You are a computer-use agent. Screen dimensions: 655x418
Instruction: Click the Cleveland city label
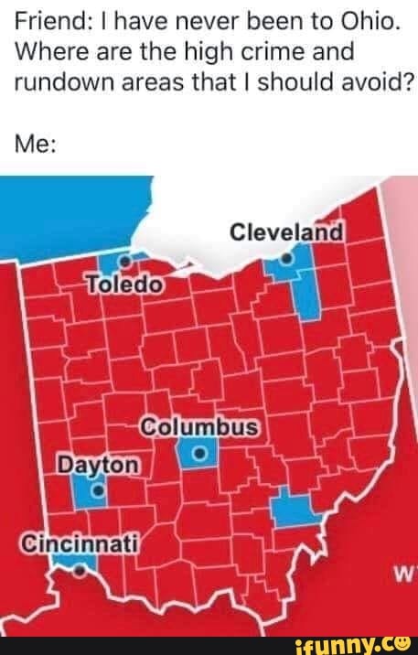(x=286, y=232)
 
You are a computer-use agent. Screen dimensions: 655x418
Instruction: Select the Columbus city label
(x=201, y=427)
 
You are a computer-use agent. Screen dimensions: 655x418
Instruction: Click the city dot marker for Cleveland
(x=286, y=260)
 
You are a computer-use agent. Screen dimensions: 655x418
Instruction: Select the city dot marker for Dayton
(x=97, y=491)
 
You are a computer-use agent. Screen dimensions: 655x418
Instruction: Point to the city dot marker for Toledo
(x=126, y=259)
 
